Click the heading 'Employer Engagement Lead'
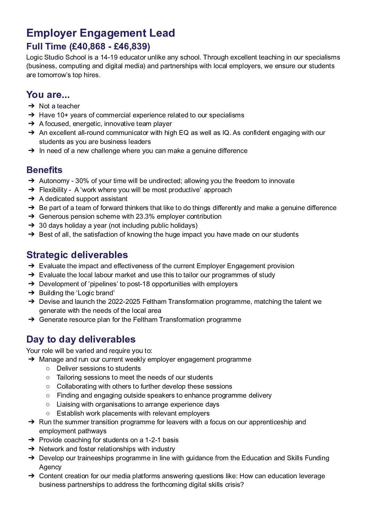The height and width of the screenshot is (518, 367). pyautogui.click(x=101, y=33)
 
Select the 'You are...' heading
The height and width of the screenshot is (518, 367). pyautogui.click(x=48, y=95)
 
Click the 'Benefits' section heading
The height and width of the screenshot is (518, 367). pyautogui.click(x=44, y=170)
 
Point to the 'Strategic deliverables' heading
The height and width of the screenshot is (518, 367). pyautogui.click(x=77, y=255)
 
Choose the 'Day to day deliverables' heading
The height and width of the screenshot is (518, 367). pyautogui.click(x=81, y=339)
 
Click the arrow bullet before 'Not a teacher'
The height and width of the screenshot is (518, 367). pyautogui.click(x=31, y=106)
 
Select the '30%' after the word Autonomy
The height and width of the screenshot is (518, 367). pyautogui.click(x=82, y=181)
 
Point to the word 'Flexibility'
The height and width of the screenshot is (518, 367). pyautogui.click(x=53, y=190)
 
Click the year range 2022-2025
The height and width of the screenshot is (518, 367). pyautogui.click(x=124, y=302)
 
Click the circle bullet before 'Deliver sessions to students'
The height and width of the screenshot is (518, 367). pyautogui.click(x=48, y=369)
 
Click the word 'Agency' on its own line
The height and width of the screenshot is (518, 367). pyautogui.click(x=50, y=467)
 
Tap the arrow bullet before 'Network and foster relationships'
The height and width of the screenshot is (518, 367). pyautogui.click(x=31, y=449)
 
